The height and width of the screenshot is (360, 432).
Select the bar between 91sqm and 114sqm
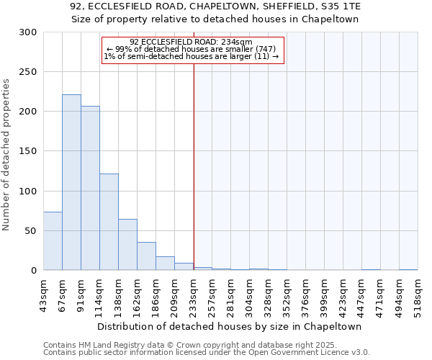pyautogui.click(x=90, y=188)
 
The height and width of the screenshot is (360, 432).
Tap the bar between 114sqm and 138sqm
pyautogui.click(x=109, y=222)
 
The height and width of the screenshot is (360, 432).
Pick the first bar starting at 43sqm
pyautogui.click(x=53, y=241)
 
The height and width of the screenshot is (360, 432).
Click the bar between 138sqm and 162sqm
pyautogui.click(x=127, y=245)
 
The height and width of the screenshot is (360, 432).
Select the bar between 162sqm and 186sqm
pyautogui.click(x=146, y=256)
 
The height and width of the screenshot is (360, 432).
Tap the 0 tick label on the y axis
pyautogui.click(x=34, y=271)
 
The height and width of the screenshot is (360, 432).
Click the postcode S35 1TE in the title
pyautogui.click(x=337, y=6)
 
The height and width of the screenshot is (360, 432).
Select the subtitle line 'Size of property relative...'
pyautogui.click(x=215, y=19)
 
